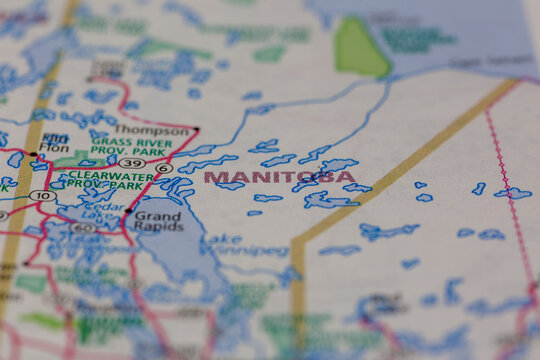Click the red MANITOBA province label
(279, 178)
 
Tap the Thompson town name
(150, 130)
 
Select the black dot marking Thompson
(197, 129)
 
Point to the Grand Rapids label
(158, 221)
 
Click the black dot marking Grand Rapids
(129, 211)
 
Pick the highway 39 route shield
(131, 162)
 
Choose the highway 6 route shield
(164, 168)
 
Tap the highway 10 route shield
(41, 195)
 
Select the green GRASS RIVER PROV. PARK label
(129, 149)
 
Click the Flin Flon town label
(55, 145)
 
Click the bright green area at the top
(350, 45)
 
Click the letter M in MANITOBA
(212, 178)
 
